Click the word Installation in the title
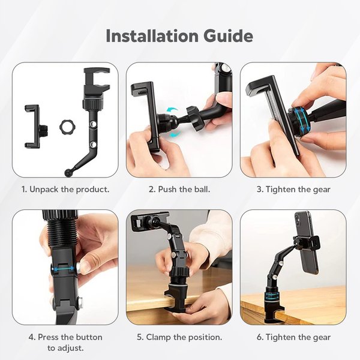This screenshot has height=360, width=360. point(152,36)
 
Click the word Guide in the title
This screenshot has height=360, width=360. point(228,36)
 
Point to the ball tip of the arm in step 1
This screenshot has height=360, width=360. point(68,172)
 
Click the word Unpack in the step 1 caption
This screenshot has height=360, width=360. point(44,190)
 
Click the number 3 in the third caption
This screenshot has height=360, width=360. point(259,190)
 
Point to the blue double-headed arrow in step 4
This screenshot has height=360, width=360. point(63,268)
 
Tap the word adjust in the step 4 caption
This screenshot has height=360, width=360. point(70,349)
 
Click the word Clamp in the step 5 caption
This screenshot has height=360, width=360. point(158,337)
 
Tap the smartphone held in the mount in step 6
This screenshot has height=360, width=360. point(306,244)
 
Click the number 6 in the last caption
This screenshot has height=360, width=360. point(259,337)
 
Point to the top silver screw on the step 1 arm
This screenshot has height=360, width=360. point(94,124)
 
